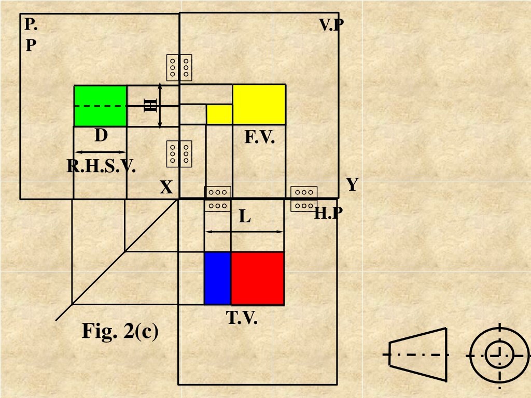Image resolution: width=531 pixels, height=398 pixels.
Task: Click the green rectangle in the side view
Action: tap(100, 106)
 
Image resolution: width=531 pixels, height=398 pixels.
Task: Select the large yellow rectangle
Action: tap(259, 105)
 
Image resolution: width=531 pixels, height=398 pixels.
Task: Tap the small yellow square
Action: tap(219, 115)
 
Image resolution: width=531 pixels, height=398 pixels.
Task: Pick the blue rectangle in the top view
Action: tap(218, 278)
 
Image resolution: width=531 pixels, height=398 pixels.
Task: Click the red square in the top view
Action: tap(257, 278)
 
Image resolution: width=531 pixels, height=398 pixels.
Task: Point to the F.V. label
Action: tap(259, 137)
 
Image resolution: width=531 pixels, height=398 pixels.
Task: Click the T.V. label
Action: tap(242, 318)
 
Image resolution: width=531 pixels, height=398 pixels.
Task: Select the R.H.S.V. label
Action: tap(101, 166)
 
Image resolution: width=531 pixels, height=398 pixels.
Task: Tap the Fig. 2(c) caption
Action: tap(120, 331)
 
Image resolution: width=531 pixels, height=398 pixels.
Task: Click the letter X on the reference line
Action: tap(166, 187)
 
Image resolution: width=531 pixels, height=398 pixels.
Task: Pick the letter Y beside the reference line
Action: tap(352, 184)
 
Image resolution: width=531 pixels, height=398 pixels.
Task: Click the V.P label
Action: tap(331, 25)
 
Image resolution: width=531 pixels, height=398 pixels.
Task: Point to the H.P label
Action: tap(328, 213)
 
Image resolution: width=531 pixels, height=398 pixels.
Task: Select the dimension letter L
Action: tap(245, 216)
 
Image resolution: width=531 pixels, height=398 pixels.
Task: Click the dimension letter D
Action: tap(101, 135)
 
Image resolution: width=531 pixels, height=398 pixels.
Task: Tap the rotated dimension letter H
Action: tap(150, 105)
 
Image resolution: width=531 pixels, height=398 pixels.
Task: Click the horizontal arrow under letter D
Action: tap(100, 152)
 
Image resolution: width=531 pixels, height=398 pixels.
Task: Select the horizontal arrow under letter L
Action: tap(244, 232)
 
